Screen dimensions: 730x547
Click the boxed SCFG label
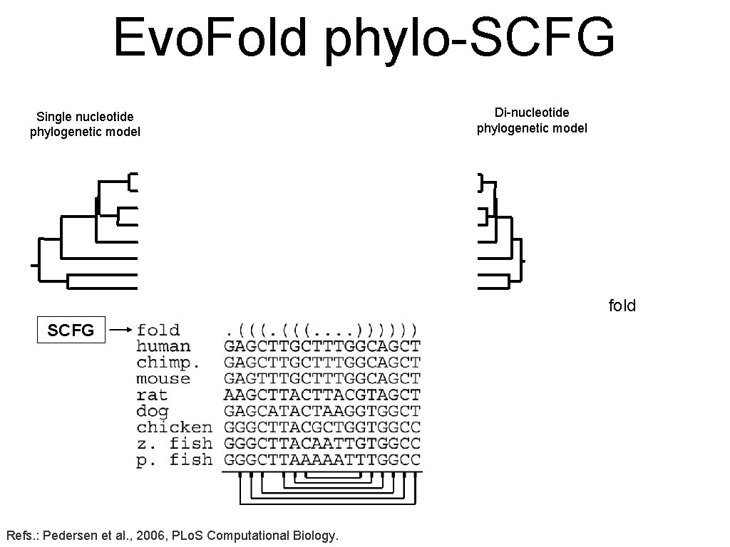coord(71,330)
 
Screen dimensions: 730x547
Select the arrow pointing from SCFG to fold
coord(122,330)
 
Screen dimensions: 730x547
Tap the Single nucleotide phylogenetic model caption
coord(85,124)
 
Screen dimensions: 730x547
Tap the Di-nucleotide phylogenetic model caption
coord(532,120)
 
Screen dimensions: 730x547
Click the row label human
coord(163,346)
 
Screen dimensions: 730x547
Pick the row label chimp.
coord(168,363)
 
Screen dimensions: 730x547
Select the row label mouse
coord(163,378)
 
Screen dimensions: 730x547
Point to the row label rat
coord(152,395)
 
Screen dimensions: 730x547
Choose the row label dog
coord(152,411)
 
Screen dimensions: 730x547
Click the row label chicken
coord(174,427)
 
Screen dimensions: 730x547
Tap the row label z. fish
coord(174,443)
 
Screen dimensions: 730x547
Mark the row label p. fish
coord(174,460)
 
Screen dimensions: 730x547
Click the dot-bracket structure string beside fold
coord(322,330)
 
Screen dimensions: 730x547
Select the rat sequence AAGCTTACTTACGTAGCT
coord(322,395)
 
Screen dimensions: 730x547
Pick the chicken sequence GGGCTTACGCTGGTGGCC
coord(322,427)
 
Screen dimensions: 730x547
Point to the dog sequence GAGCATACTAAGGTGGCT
coord(322,411)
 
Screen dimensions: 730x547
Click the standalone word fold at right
coord(622,306)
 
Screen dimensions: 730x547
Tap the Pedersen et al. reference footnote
coord(172,535)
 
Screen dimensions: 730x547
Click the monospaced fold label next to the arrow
coord(158,330)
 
